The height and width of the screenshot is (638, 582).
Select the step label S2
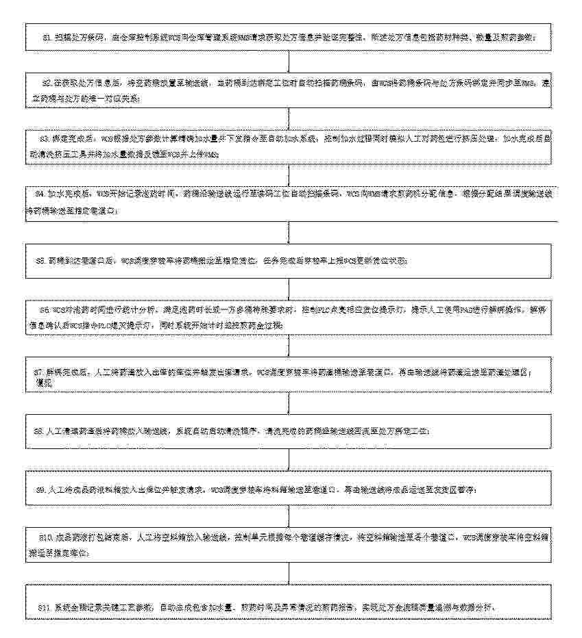pyautogui.click(x=46, y=82)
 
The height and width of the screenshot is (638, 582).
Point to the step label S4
pyautogui.click(x=40, y=194)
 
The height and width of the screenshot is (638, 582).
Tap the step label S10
pyautogui.click(x=44, y=538)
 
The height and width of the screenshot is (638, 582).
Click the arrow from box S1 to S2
pyautogui.click(x=290, y=61)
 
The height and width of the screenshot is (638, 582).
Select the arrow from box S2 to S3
pyautogui.click(x=290, y=118)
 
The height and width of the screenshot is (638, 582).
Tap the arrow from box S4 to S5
pyautogui.click(x=290, y=231)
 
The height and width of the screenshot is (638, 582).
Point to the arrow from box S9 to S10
pyautogui.click(x=290, y=516)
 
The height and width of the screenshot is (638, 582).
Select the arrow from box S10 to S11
pyautogui.click(x=290, y=574)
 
